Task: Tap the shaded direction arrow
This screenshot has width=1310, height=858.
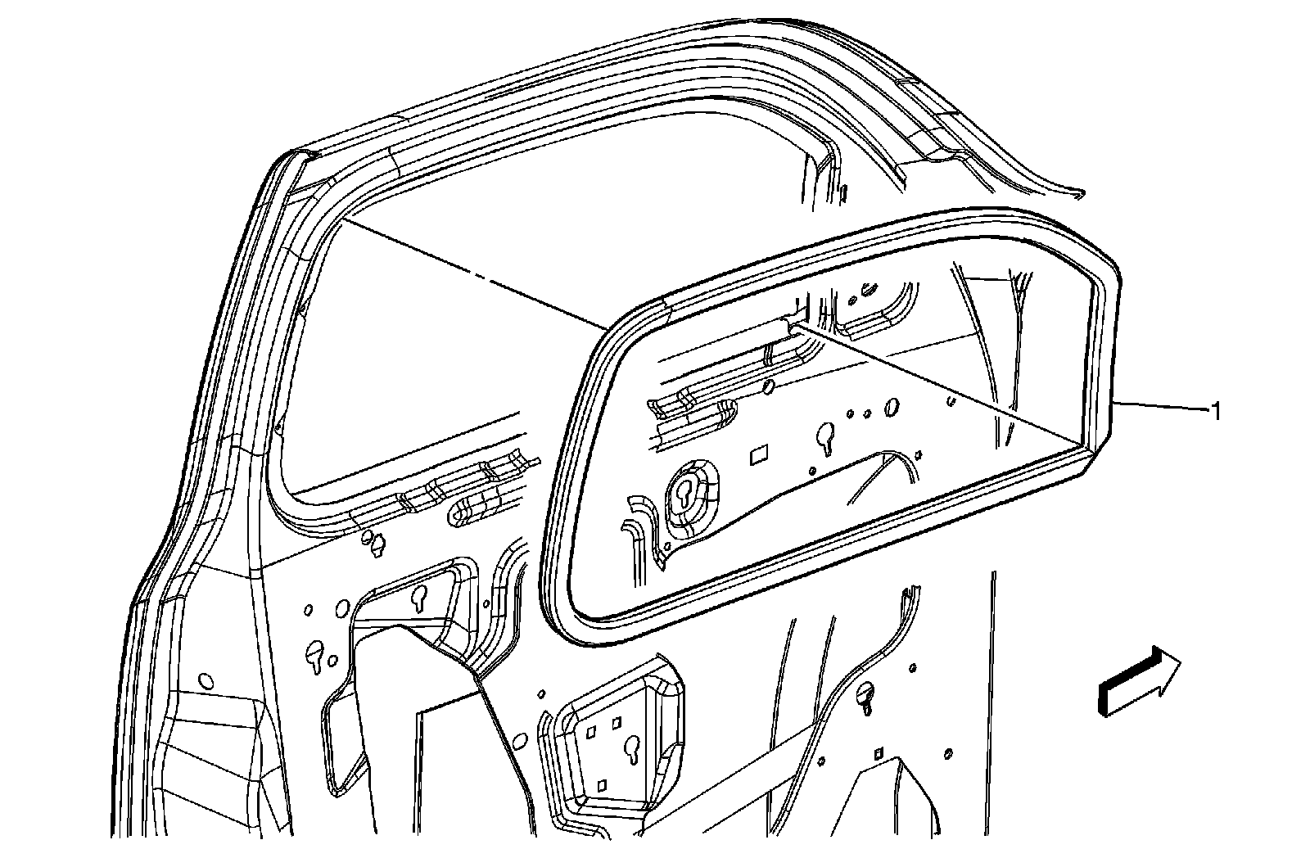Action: point(1139,680)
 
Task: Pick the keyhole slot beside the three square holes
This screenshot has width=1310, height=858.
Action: point(631,747)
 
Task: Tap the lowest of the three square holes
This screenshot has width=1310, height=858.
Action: point(602,785)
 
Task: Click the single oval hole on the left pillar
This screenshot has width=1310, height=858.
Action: point(206,681)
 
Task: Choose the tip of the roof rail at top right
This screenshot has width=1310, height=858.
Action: point(1079,195)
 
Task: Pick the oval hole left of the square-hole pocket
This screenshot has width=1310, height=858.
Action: point(518,741)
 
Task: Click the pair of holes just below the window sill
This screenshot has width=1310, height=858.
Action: point(373,541)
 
